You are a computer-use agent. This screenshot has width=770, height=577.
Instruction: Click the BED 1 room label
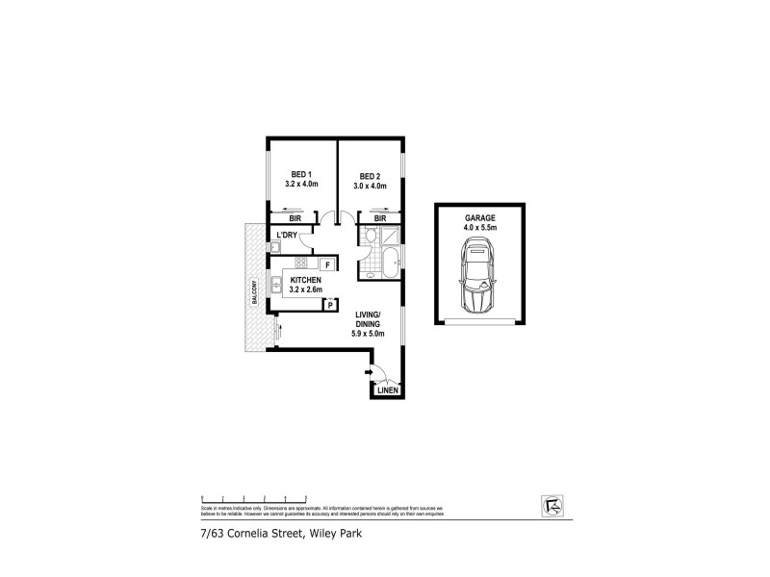(x=301, y=174)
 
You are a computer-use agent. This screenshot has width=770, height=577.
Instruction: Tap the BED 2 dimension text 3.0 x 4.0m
(x=372, y=186)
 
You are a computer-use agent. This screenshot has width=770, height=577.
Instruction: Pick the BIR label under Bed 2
(x=380, y=219)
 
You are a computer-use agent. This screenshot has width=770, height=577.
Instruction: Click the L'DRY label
(x=287, y=236)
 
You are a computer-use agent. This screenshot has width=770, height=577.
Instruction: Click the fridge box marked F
(x=327, y=264)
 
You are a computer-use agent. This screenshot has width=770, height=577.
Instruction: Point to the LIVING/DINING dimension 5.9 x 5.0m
(x=369, y=334)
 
